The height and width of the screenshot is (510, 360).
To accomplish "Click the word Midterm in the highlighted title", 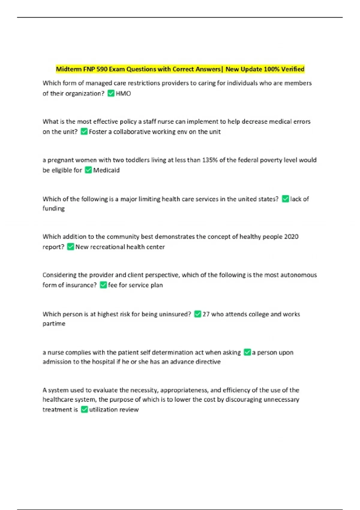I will click(x=69, y=69).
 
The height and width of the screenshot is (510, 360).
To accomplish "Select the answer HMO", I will click(x=123, y=94).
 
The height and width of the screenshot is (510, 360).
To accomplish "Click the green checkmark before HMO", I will click(x=111, y=93).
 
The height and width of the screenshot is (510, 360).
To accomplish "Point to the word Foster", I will click(x=98, y=132).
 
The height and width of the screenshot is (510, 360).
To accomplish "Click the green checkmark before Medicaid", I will click(x=88, y=170).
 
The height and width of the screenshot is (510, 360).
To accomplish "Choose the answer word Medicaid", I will click(x=106, y=170).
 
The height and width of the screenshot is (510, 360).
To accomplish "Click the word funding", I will click(x=53, y=208).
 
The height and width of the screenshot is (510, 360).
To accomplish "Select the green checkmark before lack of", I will click(x=285, y=199).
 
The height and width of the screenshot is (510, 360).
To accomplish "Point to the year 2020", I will click(x=291, y=237).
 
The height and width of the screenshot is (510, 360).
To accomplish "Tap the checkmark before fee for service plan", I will click(x=103, y=285).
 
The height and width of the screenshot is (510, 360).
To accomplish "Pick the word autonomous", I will click(x=298, y=275).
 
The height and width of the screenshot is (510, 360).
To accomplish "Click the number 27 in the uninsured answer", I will click(x=206, y=314).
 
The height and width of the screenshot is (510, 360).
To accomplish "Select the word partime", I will click(x=54, y=324).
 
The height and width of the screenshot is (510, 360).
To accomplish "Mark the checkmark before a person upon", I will click(x=247, y=352).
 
